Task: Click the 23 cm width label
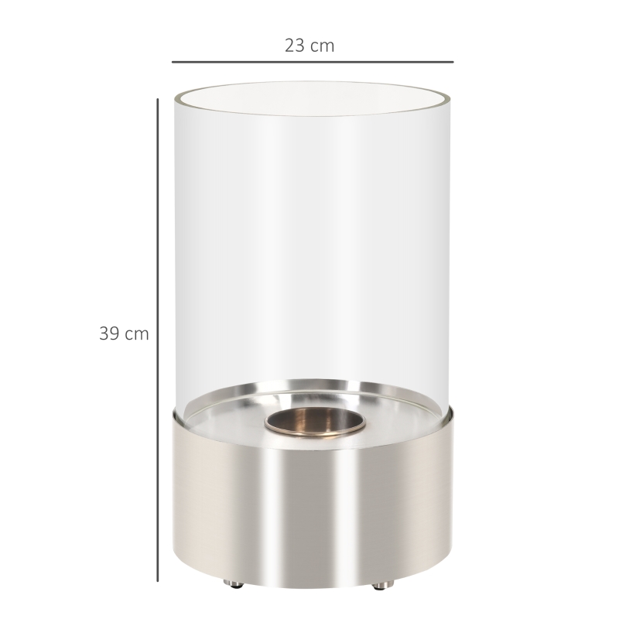(x=309, y=46)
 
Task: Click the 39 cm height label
(x=124, y=334)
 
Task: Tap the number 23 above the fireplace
(x=296, y=46)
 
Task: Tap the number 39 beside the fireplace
(x=108, y=334)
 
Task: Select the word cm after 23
(x=322, y=46)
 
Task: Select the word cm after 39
(x=136, y=334)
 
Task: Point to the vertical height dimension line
(x=158, y=340)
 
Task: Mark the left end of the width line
(x=173, y=61)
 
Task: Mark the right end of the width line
(x=453, y=61)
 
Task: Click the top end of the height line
(x=158, y=98)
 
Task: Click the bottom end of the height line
(x=158, y=581)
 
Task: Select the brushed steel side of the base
(x=232, y=503)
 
